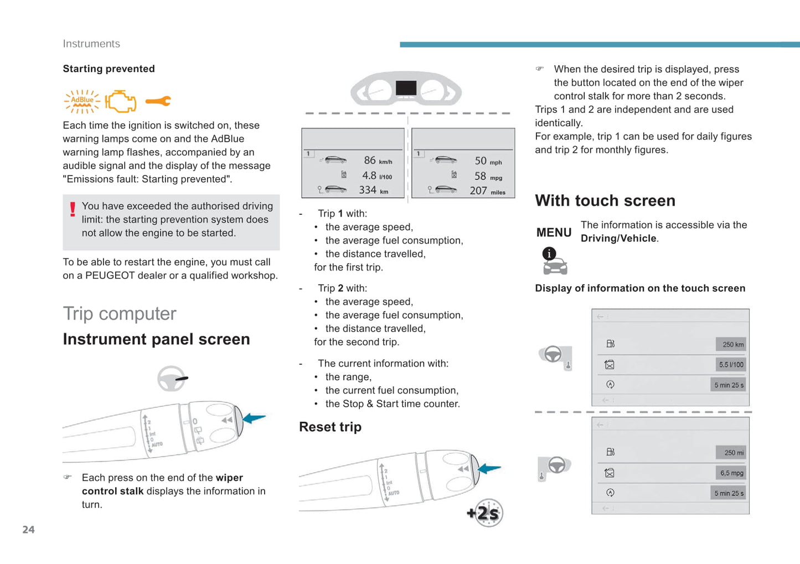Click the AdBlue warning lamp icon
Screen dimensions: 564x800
(x=82, y=101)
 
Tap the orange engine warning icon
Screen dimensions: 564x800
(x=121, y=101)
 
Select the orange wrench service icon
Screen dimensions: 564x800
(x=158, y=101)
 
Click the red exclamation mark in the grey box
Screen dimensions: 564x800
(x=73, y=209)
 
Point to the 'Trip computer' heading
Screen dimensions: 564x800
(x=120, y=313)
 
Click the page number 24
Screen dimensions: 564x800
(x=28, y=530)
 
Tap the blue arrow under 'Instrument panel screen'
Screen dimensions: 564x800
(x=255, y=418)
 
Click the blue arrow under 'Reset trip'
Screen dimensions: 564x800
(x=489, y=469)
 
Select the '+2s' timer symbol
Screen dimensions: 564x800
(x=486, y=513)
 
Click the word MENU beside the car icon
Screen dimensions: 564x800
(x=554, y=232)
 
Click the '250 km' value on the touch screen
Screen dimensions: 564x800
(x=732, y=344)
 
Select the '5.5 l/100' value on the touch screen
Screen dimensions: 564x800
(x=731, y=365)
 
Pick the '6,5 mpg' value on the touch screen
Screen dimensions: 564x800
(x=731, y=473)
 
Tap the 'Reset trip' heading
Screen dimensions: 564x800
(x=330, y=427)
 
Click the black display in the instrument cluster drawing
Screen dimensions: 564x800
(x=406, y=87)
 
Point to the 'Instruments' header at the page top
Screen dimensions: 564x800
(x=91, y=44)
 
